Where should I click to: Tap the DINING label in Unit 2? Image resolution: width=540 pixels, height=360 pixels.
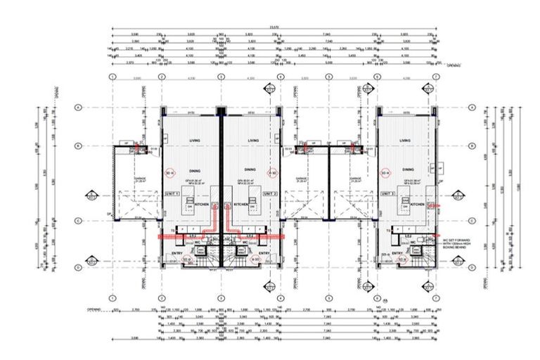250,169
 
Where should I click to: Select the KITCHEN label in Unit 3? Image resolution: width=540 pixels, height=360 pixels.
418,205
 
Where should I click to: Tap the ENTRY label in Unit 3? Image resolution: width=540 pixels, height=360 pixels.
397,253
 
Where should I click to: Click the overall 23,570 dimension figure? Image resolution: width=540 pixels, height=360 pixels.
274,28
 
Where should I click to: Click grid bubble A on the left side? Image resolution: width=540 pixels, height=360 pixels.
78,108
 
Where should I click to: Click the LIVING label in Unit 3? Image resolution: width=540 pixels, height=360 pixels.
405,141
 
